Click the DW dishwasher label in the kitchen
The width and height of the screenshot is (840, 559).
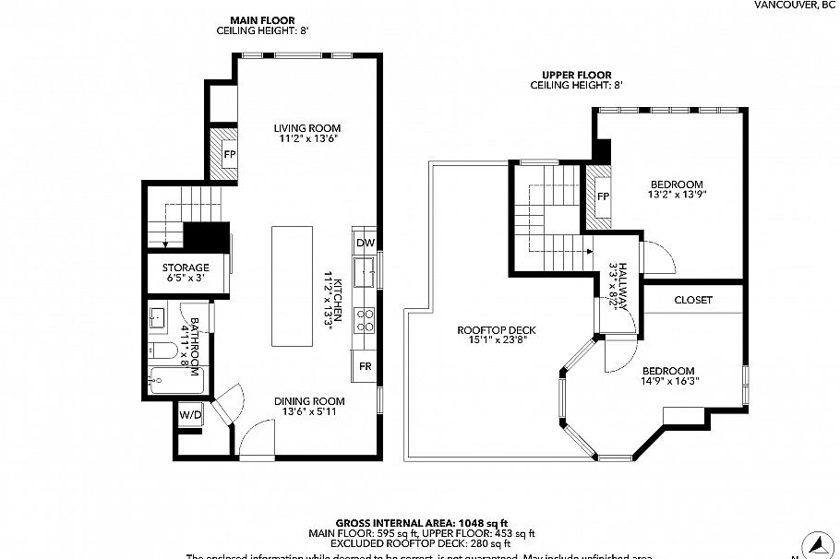(x=365, y=244)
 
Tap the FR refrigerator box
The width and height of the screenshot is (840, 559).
(x=365, y=366)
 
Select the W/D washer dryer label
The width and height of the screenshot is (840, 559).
(x=190, y=416)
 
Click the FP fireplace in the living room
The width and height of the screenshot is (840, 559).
(x=227, y=153)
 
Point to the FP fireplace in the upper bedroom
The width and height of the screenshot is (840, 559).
(x=603, y=197)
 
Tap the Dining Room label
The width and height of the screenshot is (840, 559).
(x=309, y=401)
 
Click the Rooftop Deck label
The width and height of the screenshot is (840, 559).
(x=497, y=330)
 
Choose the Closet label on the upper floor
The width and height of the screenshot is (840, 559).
(x=692, y=300)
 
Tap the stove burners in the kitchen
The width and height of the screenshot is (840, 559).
(x=366, y=319)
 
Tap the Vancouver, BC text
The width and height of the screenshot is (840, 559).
(x=795, y=5)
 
